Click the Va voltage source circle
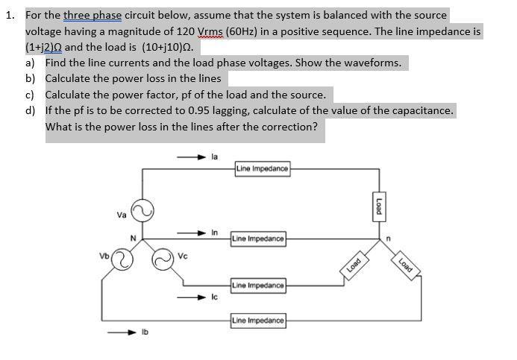tap(142, 209)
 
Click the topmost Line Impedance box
tap(261, 168)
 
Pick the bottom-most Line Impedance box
tap(258, 320)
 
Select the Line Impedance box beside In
tap(258, 239)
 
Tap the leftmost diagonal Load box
tap(353, 262)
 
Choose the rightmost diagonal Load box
tap(406, 263)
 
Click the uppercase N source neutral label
tap(134, 238)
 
